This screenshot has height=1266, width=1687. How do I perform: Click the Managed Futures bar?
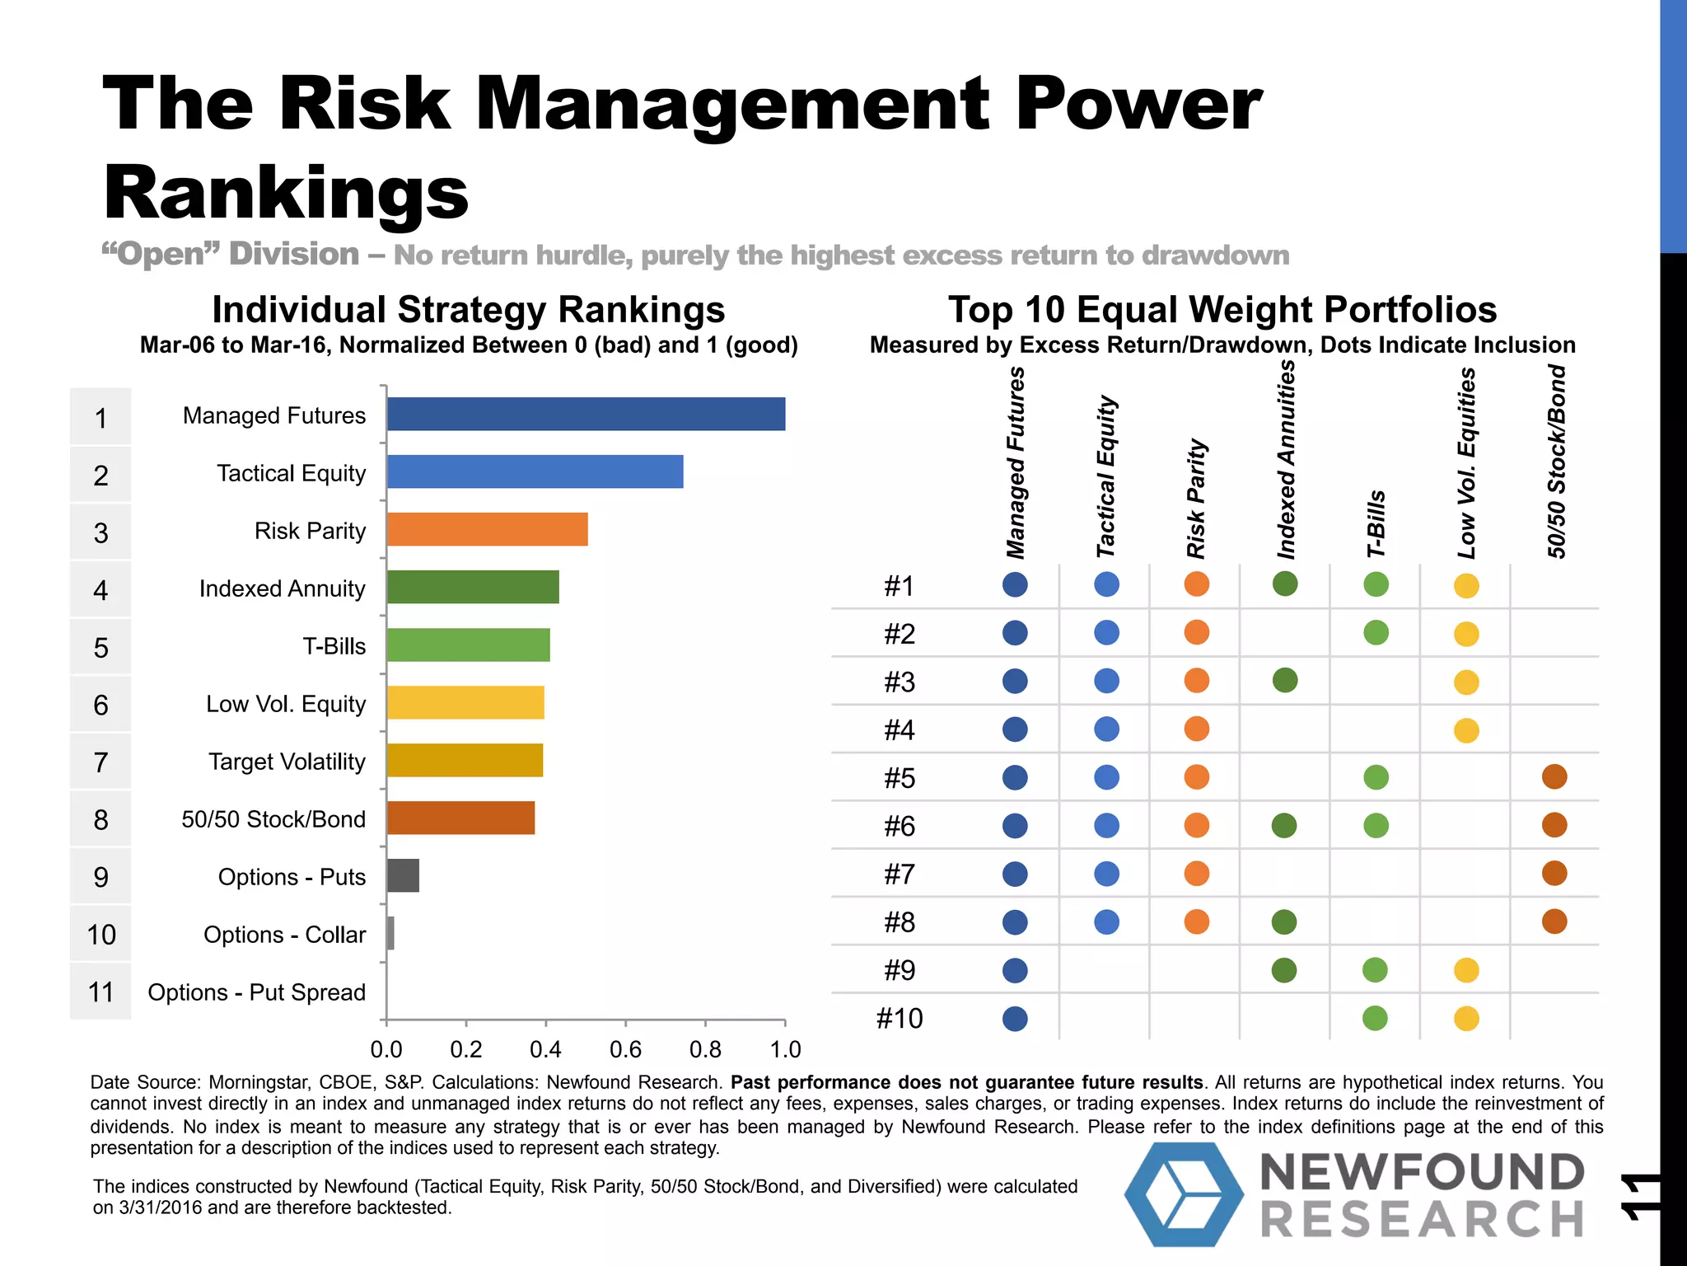pyautogui.click(x=586, y=414)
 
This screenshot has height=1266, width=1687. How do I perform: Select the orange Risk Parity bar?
pyautogui.click(x=487, y=529)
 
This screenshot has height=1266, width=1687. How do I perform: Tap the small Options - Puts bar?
pyautogui.click(x=403, y=875)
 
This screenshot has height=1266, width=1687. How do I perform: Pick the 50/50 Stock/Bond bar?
pyautogui.click(x=460, y=818)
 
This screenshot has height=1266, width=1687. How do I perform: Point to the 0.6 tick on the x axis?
pyautogui.click(x=625, y=1049)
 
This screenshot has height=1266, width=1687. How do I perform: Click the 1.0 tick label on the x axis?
pyautogui.click(x=785, y=1049)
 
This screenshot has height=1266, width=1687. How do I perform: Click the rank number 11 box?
pyautogui.click(x=100, y=992)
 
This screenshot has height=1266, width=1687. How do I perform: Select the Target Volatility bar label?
pyautogui.click(x=287, y=762)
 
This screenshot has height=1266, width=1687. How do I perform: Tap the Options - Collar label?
pyautogui.click(x=284, y=935)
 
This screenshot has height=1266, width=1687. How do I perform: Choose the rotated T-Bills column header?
pyautogui.click(x=1376, y=524)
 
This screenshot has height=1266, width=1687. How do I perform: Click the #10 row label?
pyautogui.click(x=900, y=1019)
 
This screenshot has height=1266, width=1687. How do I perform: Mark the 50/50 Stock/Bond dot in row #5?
pyautogui.click(x=1554, y=776)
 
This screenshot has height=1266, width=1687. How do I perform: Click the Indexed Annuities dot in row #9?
pyautogui.click(x=1284, y=970)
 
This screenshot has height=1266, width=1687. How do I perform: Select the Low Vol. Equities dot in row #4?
pyautogui.click(x=1466, y=730)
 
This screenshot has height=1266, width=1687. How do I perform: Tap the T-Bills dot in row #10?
pyautogui.click(x=1375, y=1018)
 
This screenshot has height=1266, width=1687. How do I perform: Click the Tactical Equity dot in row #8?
pyautogui.click(x=1106, y=921)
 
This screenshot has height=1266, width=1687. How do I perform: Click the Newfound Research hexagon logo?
pyautogui.click(x=1184, y=1194)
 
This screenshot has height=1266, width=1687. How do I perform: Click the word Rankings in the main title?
pyautogui.click(x=286, y=193)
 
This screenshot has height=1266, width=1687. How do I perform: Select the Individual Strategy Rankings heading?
pyautogui.click(x=468, y=311)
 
